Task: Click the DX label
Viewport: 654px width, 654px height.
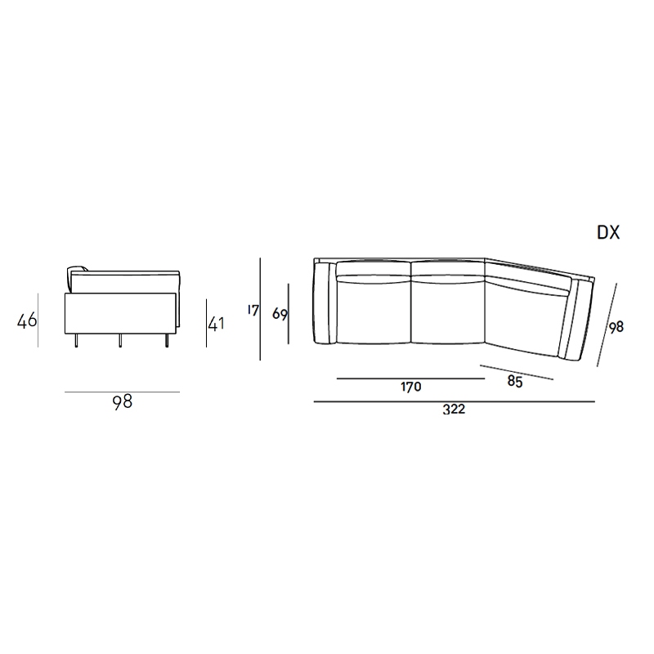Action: [608, 232]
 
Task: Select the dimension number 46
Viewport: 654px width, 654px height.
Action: [27, 320]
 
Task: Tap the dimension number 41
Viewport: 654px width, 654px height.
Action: [216, 324]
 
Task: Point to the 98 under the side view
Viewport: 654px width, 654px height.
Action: [122, 401]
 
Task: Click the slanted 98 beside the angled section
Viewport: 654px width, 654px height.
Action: [616, 327]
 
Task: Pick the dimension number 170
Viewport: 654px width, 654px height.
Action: [411, 387]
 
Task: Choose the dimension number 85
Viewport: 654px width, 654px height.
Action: [515, 382]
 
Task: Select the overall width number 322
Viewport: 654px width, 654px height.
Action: [454, 410]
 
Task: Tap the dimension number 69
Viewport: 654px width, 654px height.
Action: [280, 314]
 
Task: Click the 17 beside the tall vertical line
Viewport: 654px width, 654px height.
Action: [253, 311]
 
